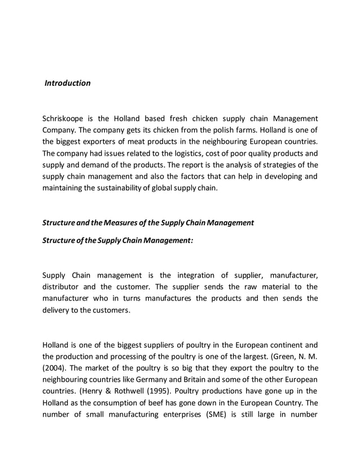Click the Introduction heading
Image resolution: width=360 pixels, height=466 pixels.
tap(68, 83)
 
